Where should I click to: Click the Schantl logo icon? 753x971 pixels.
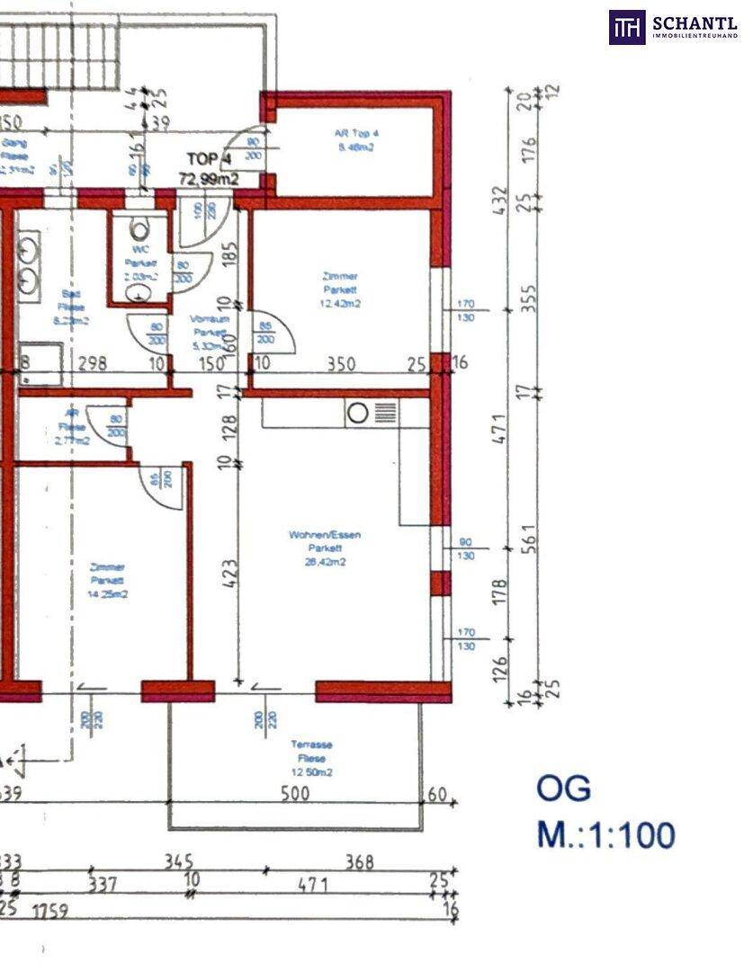[627, 27]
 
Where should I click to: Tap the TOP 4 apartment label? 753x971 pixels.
[209, 159]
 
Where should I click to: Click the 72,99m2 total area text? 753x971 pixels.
[209, 179]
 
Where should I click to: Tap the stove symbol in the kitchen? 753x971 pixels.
[357, 413]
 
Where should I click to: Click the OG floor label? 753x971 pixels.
[564, 788]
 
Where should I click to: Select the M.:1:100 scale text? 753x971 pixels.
[605, 835]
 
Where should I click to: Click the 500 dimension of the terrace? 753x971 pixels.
[294, 793]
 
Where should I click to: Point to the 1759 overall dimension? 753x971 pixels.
[52, 909]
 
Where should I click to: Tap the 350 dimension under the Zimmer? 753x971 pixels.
[341, 364]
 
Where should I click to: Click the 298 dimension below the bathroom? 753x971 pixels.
[93, 364]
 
